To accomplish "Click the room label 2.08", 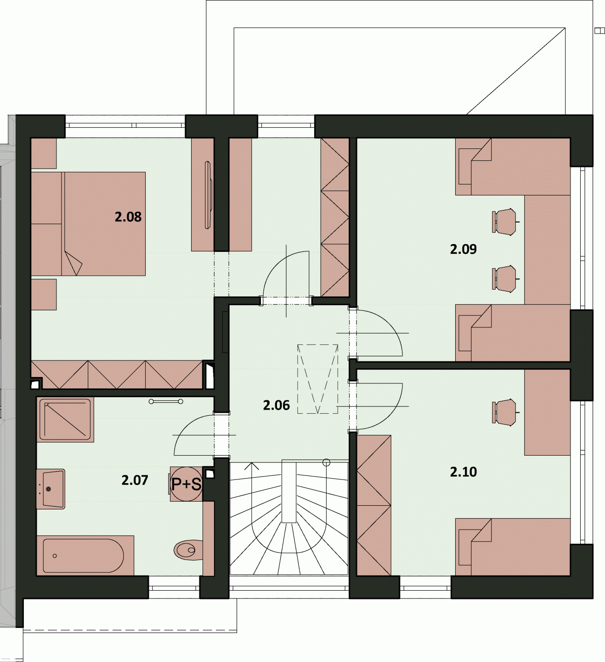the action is (x=128, y=217).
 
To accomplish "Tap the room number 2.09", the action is (x=463, y=249).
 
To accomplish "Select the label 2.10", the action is (x=463, y=472).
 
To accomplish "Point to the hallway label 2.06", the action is (x=276, y=405).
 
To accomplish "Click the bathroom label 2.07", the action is (x=135, y=480).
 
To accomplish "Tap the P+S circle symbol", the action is (x=187, y=484).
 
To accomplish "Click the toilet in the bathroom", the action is (x=188, y=550).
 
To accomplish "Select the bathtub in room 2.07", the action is (x=85, y=556).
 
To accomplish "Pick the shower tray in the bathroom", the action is (x=65, y=420).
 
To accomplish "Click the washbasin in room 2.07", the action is (x=51, y=489).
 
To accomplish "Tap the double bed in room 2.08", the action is (x=88, y=224).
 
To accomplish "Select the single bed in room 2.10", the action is (x=513, y=547).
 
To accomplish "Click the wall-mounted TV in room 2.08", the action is (x=208, y=195).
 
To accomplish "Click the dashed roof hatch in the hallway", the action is (x=317, y=379).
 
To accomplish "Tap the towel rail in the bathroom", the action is (x=166, y=402).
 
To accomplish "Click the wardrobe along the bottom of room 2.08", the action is (x=117, y=374).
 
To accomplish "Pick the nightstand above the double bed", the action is (x=44, y=154).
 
